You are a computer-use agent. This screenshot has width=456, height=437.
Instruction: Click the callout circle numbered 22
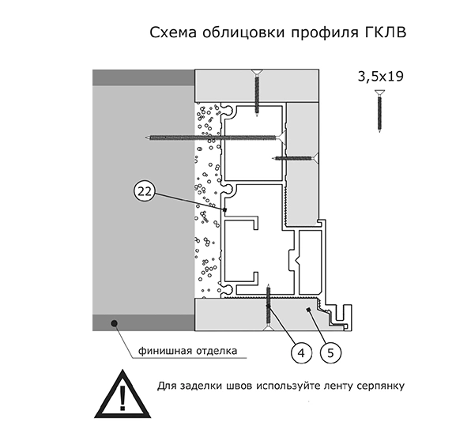click(145, 191)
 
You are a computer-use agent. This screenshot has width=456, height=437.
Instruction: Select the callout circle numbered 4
click(302, 353)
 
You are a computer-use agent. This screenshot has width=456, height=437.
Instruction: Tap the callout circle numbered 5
click(330, 353)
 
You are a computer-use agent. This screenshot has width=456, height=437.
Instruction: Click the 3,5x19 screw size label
click(381, 77)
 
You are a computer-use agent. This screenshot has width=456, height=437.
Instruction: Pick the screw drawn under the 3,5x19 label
click(379, 111)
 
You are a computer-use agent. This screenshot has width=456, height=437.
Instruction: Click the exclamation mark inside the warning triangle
click(122, 397)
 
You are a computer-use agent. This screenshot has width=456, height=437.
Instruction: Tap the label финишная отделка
click(187, 351)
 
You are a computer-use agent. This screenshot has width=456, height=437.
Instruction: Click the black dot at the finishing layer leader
click(114, 322)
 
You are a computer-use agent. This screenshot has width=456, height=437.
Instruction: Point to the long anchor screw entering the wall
click(216, 137)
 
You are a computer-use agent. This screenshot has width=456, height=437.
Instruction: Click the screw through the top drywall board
click(257, 93)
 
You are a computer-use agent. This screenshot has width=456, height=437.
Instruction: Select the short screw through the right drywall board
click(296, 158)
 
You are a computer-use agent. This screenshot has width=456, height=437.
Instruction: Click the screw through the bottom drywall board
click(269, 307)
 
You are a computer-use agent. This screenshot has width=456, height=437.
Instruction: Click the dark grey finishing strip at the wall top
click(144, 77)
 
